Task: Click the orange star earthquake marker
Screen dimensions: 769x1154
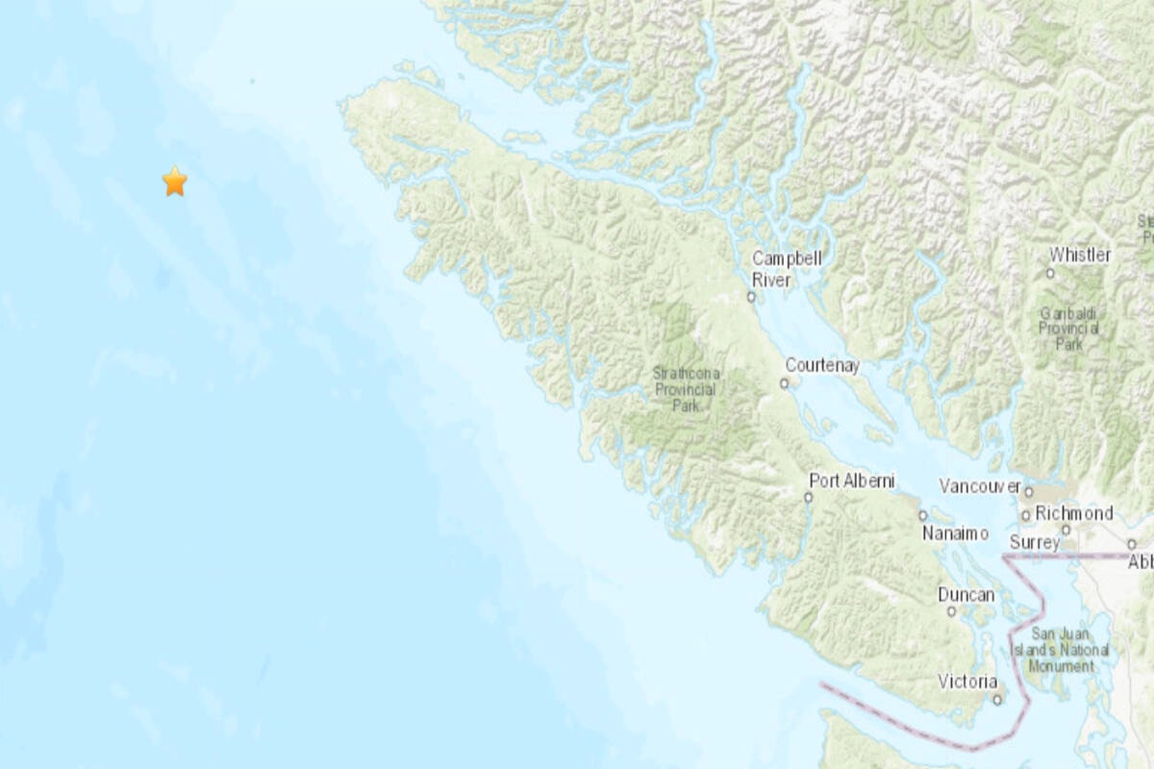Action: [174, 181]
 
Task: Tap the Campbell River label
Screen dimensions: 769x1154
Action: [785, 269]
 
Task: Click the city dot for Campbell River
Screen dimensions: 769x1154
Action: [751, 297]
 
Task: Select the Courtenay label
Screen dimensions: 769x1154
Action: [822, 365]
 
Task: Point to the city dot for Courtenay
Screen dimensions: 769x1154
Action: [784, 384]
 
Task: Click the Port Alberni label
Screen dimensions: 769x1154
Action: [852, 480]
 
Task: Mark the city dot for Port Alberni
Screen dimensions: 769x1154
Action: [809, 497]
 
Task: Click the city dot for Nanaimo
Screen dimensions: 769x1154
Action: [922, 515]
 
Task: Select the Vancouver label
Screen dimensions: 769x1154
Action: [979, 486]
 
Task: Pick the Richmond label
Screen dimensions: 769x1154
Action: [1073, 513]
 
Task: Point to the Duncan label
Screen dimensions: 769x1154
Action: [966, 595]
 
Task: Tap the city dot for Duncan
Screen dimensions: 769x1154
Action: [951, 610]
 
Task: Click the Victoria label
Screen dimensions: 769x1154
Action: [967, 682]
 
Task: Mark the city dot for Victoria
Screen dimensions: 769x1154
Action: [997, 699]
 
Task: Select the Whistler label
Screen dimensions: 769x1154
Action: [1080, 255]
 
